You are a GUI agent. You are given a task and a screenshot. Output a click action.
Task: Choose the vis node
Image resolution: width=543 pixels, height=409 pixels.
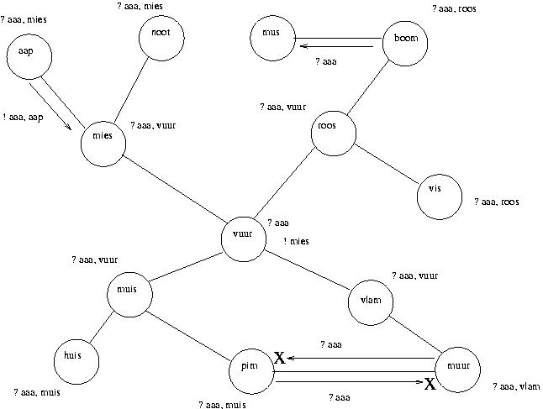[438, 197]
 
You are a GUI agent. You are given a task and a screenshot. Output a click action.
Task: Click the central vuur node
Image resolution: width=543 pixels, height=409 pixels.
[243, 239]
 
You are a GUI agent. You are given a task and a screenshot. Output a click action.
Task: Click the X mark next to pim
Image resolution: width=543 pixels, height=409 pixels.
[280, 359]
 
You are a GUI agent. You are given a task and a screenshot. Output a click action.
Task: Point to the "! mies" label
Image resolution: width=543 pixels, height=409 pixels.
[295, 242]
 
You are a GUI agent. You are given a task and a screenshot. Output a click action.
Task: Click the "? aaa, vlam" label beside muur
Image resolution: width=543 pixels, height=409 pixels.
[516, 386]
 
